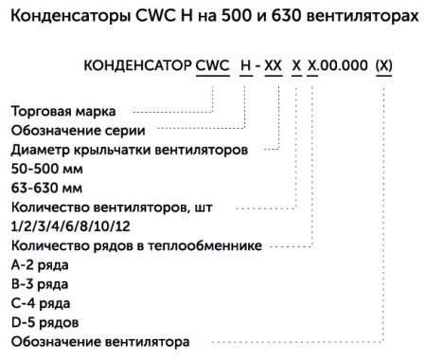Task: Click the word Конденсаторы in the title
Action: [60, 18]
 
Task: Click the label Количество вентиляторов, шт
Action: [115, 207]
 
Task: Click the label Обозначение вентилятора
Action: [99, 339]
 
